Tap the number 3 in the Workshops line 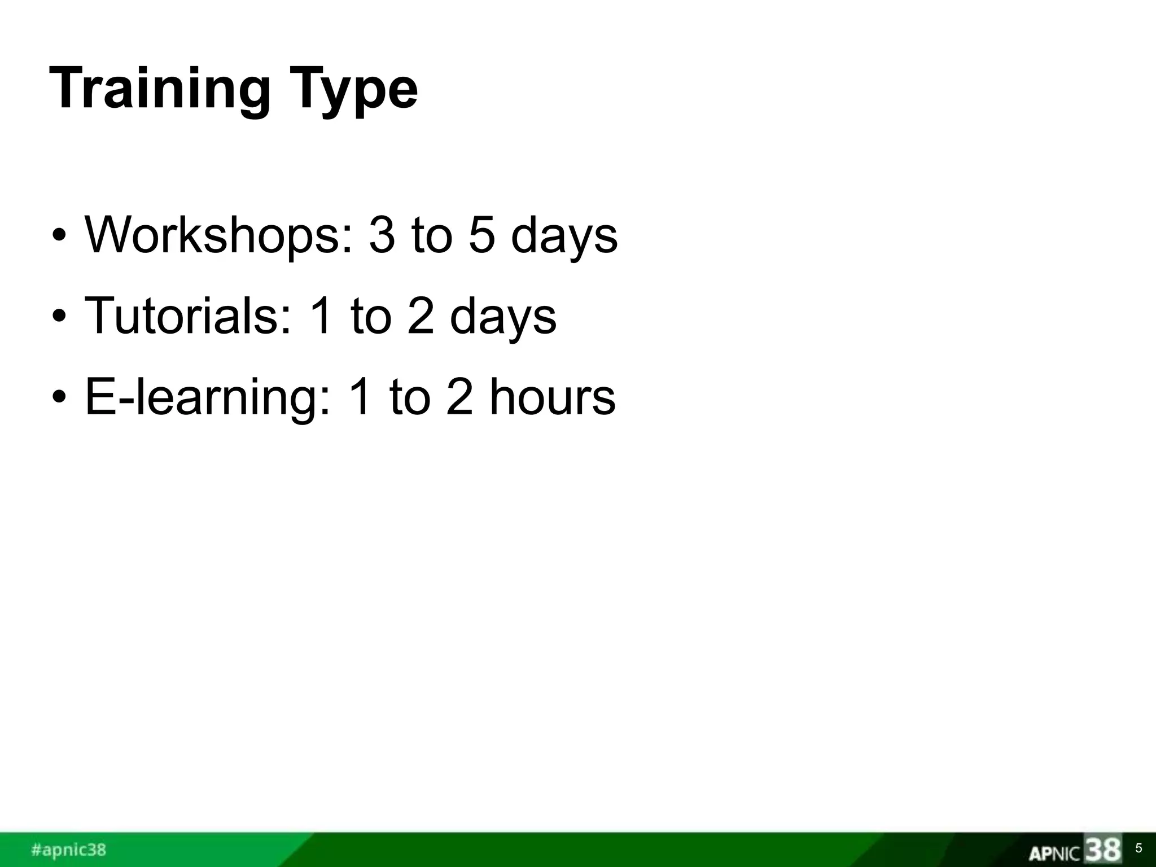(382, 235)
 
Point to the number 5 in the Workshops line (481, 235)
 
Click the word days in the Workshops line (564, 237)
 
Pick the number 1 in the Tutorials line (322, 316)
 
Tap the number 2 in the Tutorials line (421, 316)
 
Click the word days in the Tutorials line (503, 318)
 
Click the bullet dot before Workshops (59, 237)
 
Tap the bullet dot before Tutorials (59, 317)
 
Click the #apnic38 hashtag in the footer (68, 850)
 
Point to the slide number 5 (1139, 848)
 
